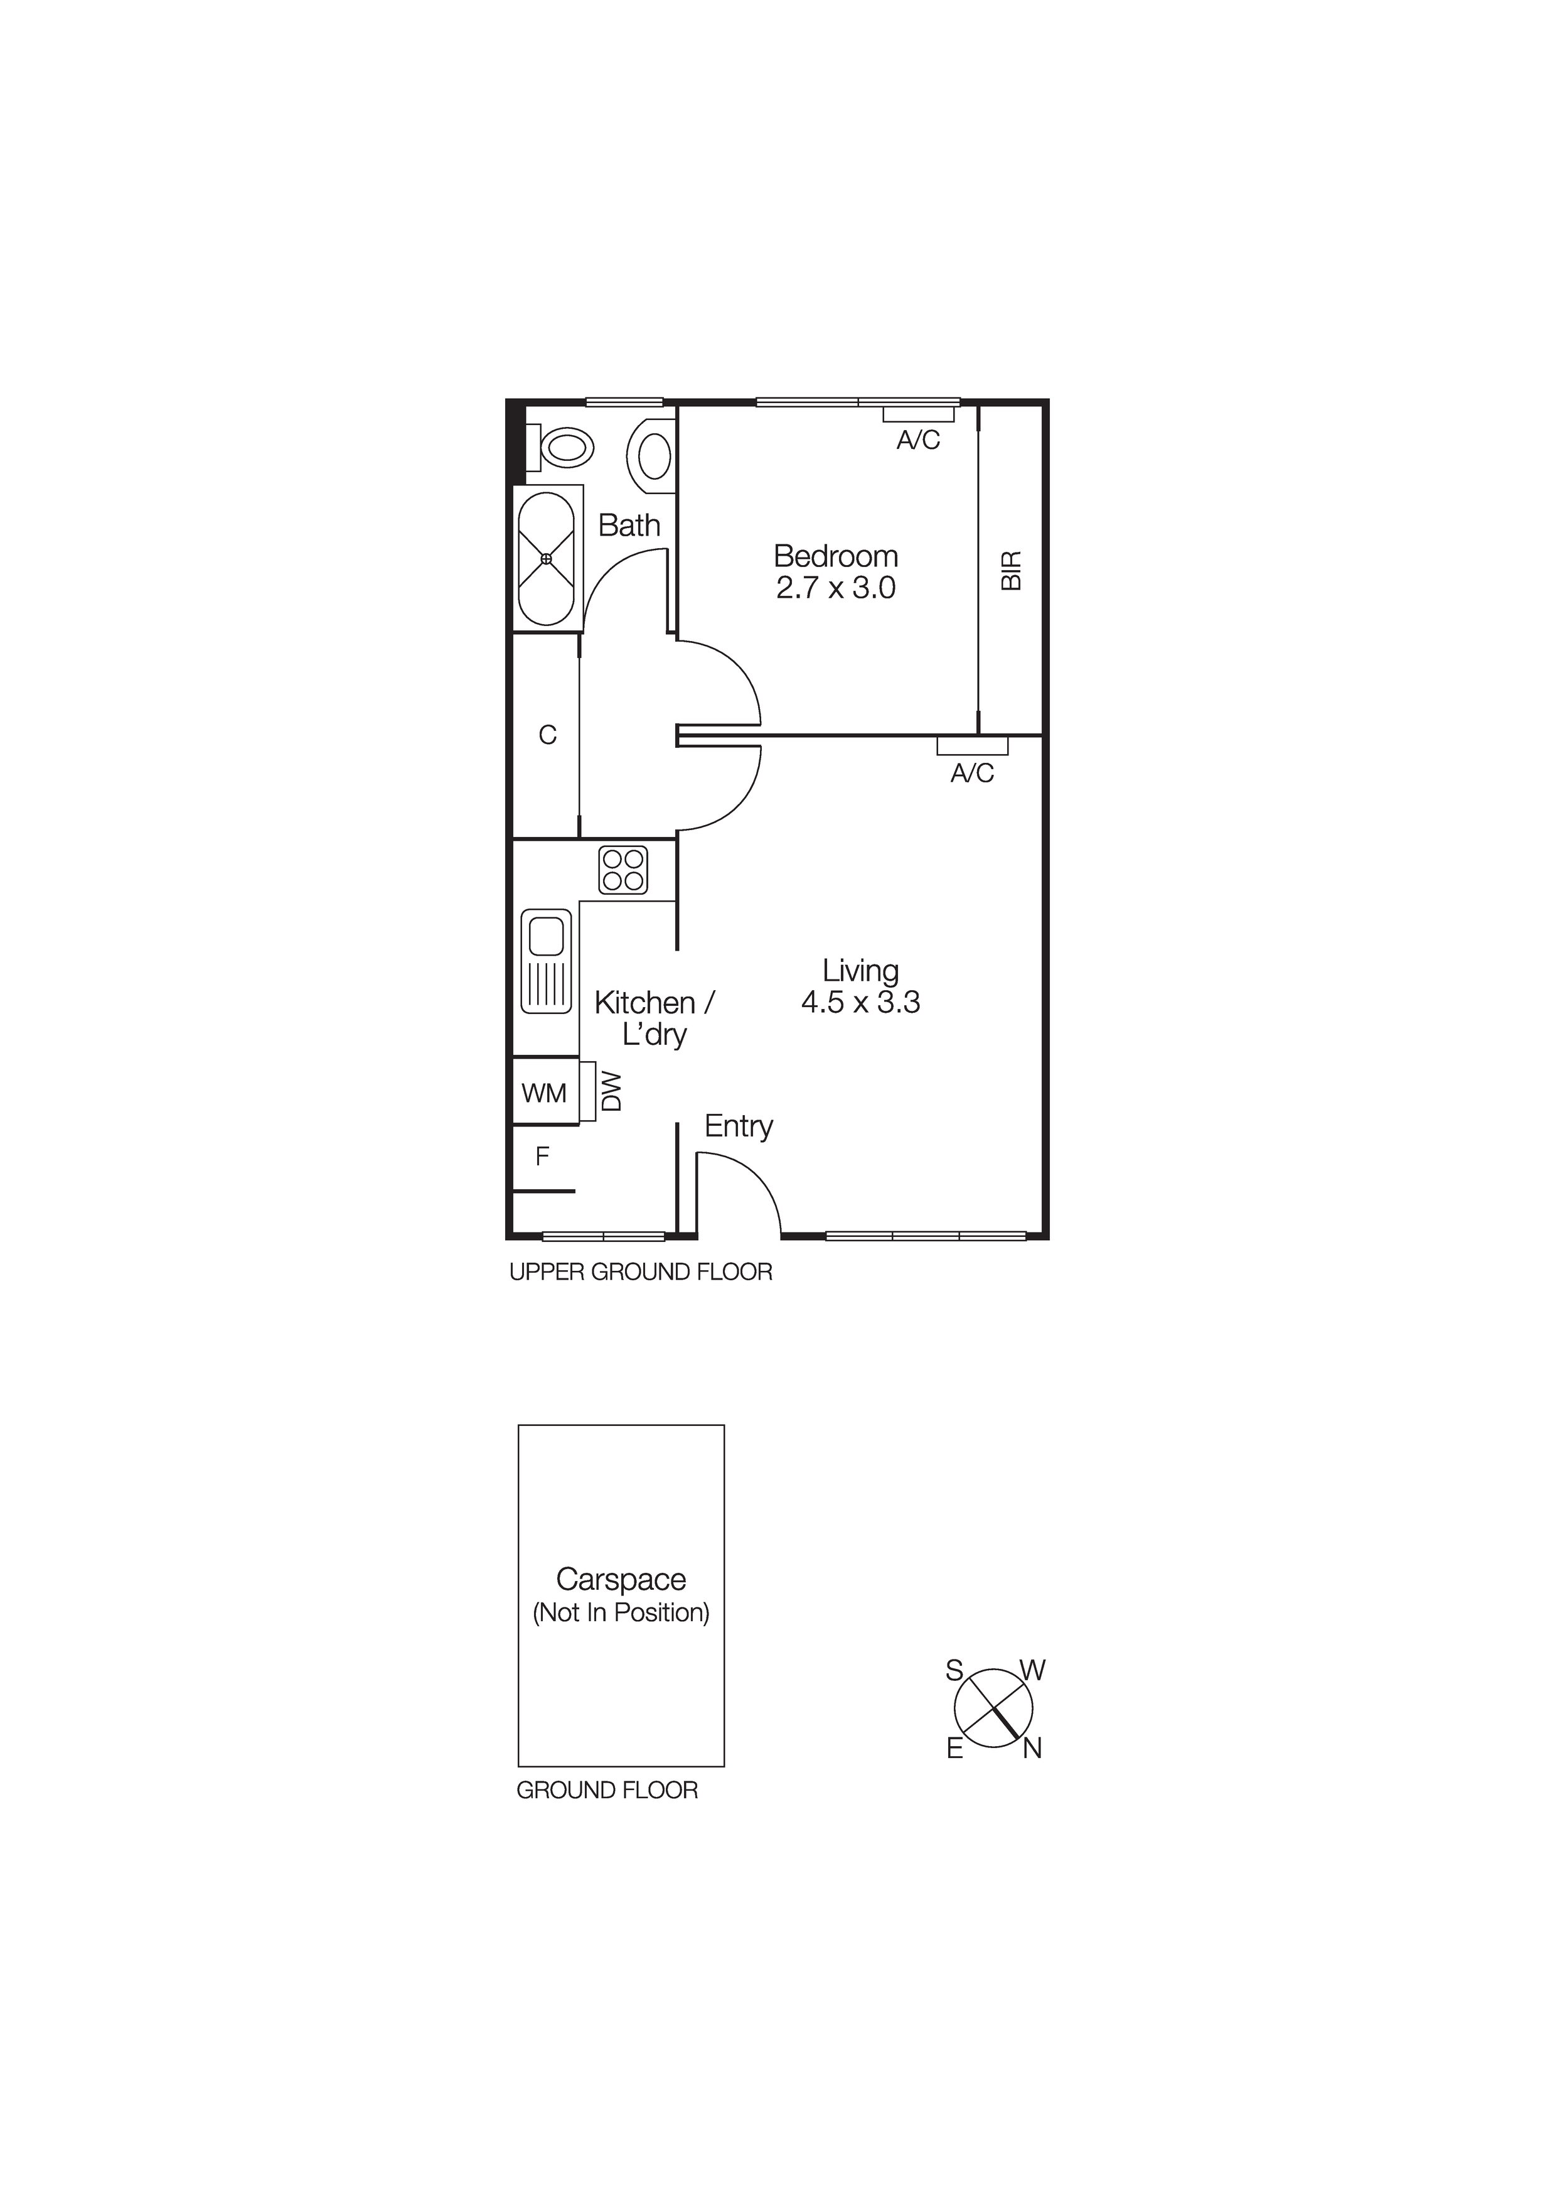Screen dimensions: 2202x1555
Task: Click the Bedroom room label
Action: [835, 556]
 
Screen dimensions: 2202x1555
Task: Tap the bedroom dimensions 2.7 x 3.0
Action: [835, 588]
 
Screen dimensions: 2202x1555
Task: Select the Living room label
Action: [860, 971]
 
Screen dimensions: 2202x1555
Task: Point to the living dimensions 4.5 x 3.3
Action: [860, 1002]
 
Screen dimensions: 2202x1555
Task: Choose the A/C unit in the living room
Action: [972, 746]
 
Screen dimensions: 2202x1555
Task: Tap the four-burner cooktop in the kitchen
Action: [623, 870]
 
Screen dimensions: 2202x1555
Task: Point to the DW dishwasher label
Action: [611, 1091]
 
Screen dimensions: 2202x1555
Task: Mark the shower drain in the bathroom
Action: [547, 558]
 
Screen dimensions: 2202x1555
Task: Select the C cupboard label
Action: [547, 735]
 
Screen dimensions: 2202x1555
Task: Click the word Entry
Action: [738, 1126]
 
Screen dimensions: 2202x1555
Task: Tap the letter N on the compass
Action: [1032, 1749]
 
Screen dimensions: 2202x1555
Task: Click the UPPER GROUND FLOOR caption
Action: [641, 1271]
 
